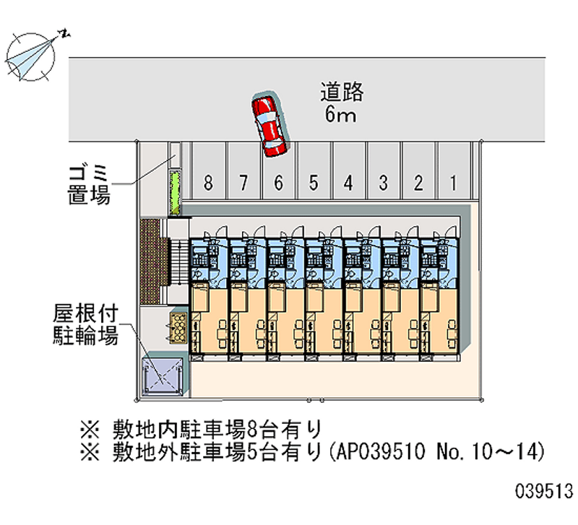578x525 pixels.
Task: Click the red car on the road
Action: coord(269,125)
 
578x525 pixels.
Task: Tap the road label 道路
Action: coord(342,92)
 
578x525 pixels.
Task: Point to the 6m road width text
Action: coord(340,114)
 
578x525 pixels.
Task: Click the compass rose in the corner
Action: coord(31,56)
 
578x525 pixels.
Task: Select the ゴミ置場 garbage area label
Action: coord(89,185)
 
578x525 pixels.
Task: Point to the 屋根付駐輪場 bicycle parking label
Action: coord(85,324)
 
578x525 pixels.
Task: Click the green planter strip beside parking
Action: coord(175,192)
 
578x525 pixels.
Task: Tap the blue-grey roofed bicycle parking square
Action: coord(163,376)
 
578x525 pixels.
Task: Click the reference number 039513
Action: coord(544,491)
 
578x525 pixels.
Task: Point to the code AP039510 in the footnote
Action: coord(381,451)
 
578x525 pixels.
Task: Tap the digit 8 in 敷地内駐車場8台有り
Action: coord(251,429)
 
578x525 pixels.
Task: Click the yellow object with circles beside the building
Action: coord(178,328)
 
